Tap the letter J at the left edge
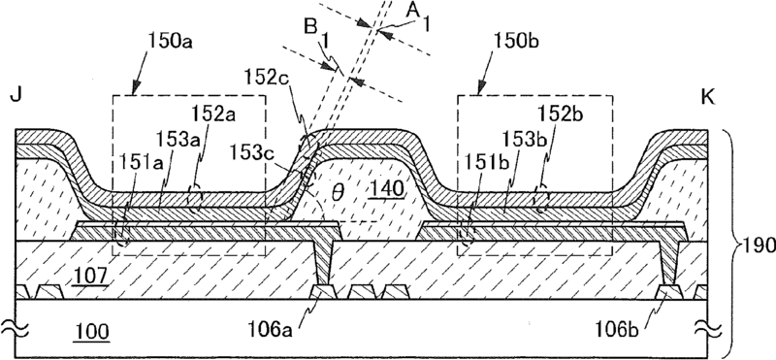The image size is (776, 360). (x=15, y=96)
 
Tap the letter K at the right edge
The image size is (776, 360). (x=709, y=98)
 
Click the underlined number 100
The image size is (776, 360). (x=91, y=332)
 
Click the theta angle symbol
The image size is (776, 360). (x=338, y=192)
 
